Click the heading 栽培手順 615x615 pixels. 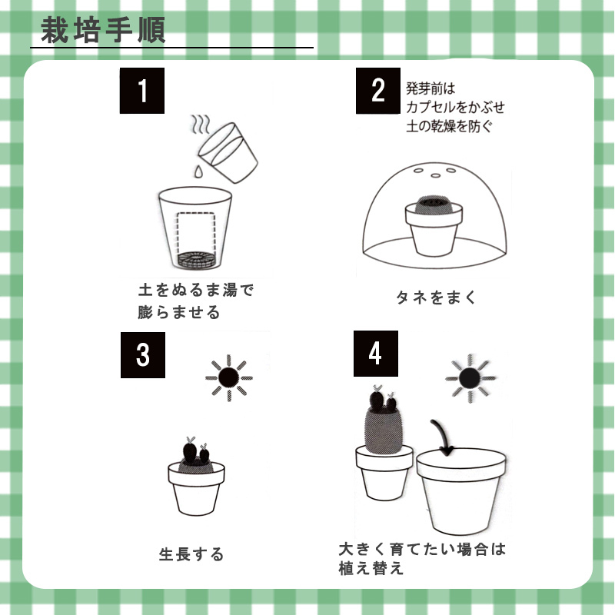click(103, 30)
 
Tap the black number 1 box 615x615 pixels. click(142, 91)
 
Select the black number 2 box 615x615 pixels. click(378, 91)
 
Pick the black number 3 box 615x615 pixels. click(143, 355)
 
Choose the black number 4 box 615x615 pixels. click(376, 354)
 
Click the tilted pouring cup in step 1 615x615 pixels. click(228, 152)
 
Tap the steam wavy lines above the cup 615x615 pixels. click(200, 124)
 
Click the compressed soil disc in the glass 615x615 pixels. click(197, 260)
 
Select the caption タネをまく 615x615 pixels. click(436, 298)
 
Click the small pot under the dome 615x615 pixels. click(434, 226)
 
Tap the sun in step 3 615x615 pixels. click(229, 377)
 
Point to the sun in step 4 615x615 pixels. click(470, 378)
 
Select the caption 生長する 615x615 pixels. click(191, 554)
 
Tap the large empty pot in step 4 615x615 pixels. click(461, 491)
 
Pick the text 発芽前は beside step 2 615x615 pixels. click(430, 88)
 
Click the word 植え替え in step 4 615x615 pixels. click(371, 568)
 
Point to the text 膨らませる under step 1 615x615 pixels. click(179, 313)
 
